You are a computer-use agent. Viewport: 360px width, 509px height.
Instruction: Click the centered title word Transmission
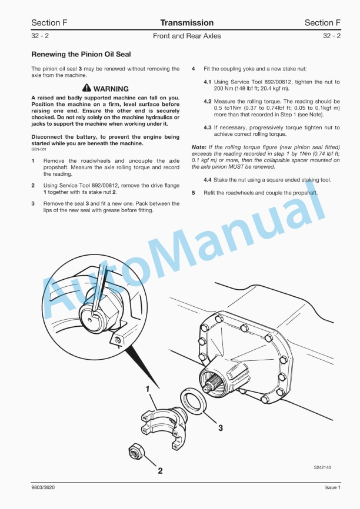click(x=186, y=23)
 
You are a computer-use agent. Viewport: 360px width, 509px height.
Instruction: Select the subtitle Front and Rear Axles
click(x=186, y=36)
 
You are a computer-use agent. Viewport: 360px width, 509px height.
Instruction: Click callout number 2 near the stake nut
click(x=159, y=470)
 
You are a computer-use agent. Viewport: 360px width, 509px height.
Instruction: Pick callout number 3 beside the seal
click(x=221, y=428)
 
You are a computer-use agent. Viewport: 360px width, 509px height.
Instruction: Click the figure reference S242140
click(x=322, y=467)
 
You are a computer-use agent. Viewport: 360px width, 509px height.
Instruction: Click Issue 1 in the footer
click(x=332, y=488)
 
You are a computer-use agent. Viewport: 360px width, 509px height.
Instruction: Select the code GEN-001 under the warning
click(x=39, y=149)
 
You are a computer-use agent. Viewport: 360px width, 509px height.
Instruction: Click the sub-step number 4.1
click(x=208, y=82)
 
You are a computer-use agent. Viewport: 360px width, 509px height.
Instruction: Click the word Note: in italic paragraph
click(x=199, y=146)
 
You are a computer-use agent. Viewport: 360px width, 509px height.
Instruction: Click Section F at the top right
click(x=322, y=23)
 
